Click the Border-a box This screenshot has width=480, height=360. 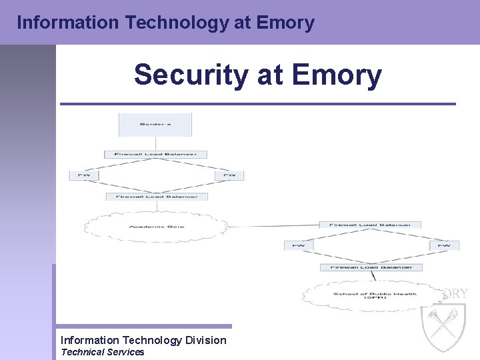pos(155,124)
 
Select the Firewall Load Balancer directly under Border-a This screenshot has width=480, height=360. pos(155,154)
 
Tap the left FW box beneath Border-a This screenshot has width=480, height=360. pos(84,175)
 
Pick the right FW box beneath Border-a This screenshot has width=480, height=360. pos(229,175)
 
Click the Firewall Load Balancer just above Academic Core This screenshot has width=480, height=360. pos(157,197)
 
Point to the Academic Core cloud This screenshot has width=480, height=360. pos(157,227)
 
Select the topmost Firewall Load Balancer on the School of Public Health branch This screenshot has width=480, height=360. pos(370,225)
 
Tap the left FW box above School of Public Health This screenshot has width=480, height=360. pos(299,245)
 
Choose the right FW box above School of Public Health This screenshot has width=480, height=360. pos(444,245)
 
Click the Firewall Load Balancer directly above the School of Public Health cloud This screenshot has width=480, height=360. pos(375,267)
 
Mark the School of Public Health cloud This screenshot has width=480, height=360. pos(375,295)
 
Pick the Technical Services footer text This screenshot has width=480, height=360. pos(102,352)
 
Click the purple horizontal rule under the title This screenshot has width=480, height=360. pos(257,104)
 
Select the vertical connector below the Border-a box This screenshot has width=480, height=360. pos(155,143)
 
